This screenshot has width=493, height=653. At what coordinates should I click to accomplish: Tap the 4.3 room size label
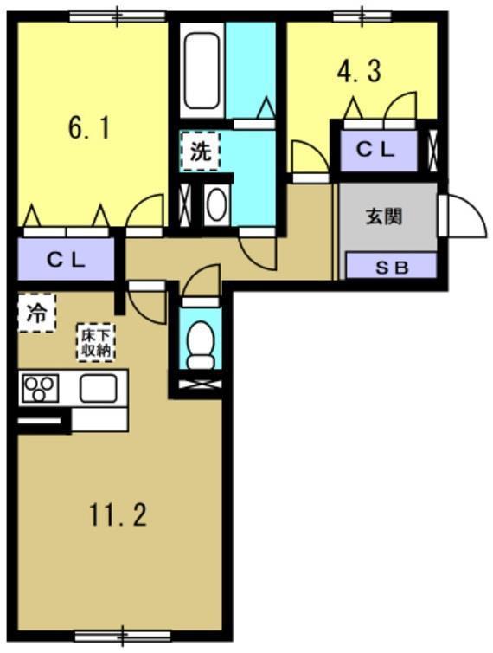pos(358,72)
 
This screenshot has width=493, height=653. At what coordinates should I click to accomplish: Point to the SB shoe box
pos(391,267)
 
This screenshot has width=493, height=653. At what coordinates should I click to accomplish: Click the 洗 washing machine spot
pos(200,152)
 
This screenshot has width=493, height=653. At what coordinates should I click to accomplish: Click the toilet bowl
pos(201,345)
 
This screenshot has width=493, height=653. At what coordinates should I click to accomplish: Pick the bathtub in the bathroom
pos(202,70)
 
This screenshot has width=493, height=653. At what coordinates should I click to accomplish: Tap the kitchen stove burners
pos(38,388)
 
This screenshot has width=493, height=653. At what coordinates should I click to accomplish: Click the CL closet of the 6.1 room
pos(66,258)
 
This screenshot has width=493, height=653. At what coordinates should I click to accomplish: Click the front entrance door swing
pos(462,217)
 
